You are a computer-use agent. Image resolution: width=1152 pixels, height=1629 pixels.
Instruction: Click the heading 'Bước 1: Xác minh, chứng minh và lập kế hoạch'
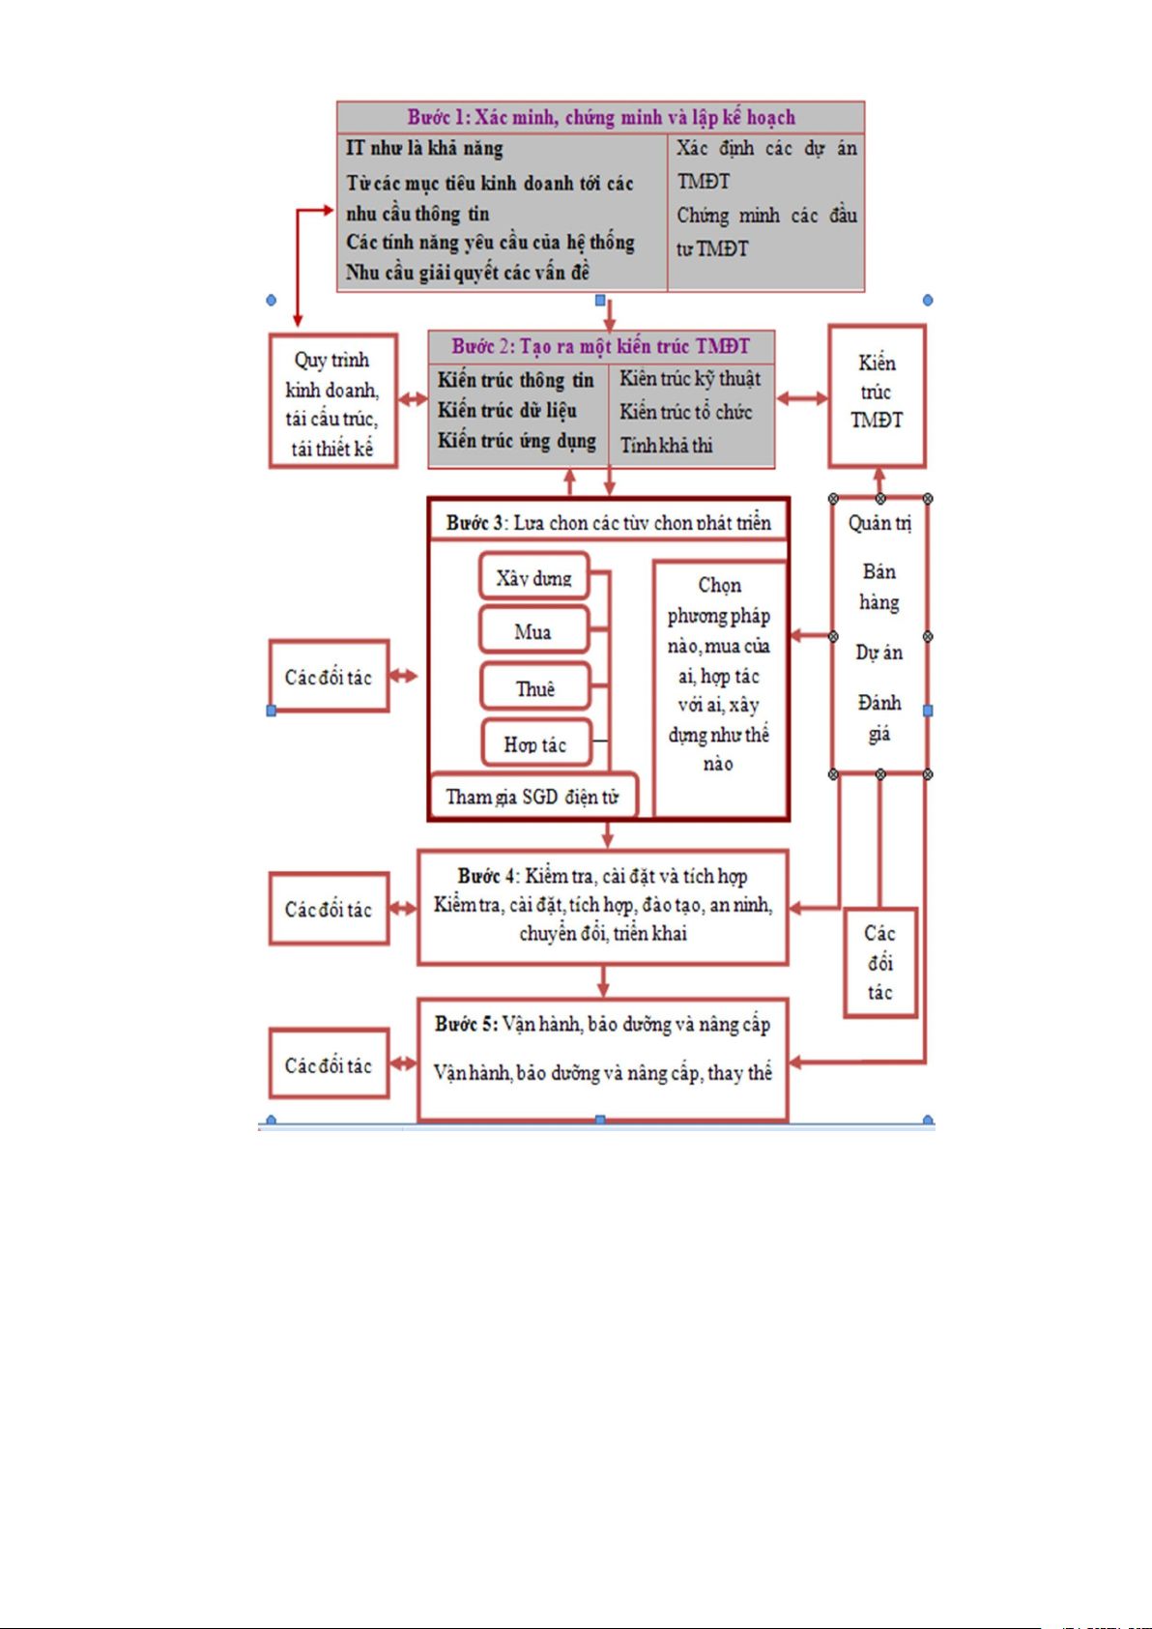pos(600,117)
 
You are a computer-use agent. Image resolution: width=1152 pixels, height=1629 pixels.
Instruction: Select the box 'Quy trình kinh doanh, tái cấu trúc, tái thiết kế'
pos(332,402)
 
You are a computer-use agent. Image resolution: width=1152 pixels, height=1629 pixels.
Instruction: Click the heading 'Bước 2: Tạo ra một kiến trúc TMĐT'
pos(600,346)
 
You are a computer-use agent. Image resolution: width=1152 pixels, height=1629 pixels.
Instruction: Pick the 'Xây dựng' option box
pos(533,578)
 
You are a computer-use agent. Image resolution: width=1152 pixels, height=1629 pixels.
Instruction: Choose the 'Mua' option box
pos(533,632)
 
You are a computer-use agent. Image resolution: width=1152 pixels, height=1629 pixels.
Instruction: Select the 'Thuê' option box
pos(534,688)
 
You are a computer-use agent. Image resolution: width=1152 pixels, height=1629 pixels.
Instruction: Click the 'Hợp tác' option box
pos(534,744)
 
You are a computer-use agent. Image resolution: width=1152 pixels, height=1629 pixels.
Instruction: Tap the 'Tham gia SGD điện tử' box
pos(533,797)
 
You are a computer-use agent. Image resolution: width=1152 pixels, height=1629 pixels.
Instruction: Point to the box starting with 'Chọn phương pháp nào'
pos(719,674)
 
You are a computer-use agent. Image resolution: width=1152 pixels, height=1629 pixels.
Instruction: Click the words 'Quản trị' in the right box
pos(879,523)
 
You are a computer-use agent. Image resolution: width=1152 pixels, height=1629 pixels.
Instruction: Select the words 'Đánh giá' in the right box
pos(879,717)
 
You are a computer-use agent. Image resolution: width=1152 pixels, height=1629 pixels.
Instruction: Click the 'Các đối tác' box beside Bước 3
pos(329,677)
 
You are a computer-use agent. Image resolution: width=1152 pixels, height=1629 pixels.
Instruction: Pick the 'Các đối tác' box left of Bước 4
pos(329,909)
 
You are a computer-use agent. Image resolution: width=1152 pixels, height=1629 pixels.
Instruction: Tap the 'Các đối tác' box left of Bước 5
pos(329,1064)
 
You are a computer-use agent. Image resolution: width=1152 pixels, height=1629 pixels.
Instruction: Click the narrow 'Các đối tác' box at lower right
pos(879,962)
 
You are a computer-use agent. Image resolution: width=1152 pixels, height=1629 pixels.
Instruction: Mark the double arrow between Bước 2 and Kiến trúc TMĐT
pos(802,397)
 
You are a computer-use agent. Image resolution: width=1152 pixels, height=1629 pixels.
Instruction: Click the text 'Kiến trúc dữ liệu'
pos(507,410)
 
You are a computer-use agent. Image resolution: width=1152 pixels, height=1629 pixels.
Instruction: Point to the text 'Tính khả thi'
pos(666,445)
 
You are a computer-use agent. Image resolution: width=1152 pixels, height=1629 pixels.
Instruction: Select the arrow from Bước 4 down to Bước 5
pos(603,981)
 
